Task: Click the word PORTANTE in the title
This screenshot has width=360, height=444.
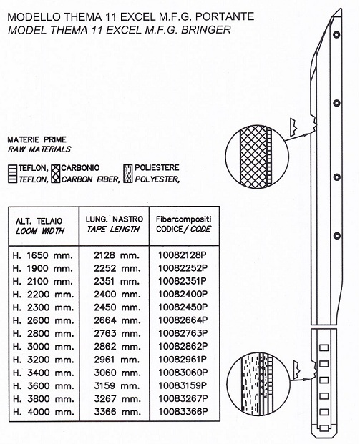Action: pos(225,16)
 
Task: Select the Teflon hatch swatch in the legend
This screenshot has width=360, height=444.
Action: pos(13,174)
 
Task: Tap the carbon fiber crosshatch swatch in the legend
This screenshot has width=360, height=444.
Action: pos(56,174)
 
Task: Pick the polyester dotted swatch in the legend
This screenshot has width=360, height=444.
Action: pos(128,174)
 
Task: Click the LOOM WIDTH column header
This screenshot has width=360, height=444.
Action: pos(40,231)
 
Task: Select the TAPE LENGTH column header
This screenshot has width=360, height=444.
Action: pos(113,229)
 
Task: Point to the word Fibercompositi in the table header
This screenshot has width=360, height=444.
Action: pos(183,219)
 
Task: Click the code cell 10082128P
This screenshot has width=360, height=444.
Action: pos(183,255)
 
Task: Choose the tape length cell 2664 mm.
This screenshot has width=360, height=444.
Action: pos(117,320)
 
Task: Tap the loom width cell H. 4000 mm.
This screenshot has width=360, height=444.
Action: pos(43,411)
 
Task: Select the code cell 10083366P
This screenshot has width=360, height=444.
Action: pos(183,411)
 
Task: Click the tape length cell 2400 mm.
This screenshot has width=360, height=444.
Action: pos(117,294)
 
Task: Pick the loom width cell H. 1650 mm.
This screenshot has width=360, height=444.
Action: pos(42,255)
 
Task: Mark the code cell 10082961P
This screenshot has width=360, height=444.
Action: pos(183,360)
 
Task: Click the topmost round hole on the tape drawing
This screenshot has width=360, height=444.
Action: pos(337,35)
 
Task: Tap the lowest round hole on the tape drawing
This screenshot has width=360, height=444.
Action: pos(337,235)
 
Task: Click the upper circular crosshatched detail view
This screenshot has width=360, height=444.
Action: pos(257,157)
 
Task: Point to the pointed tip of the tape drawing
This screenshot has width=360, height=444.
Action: pos(341,9)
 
